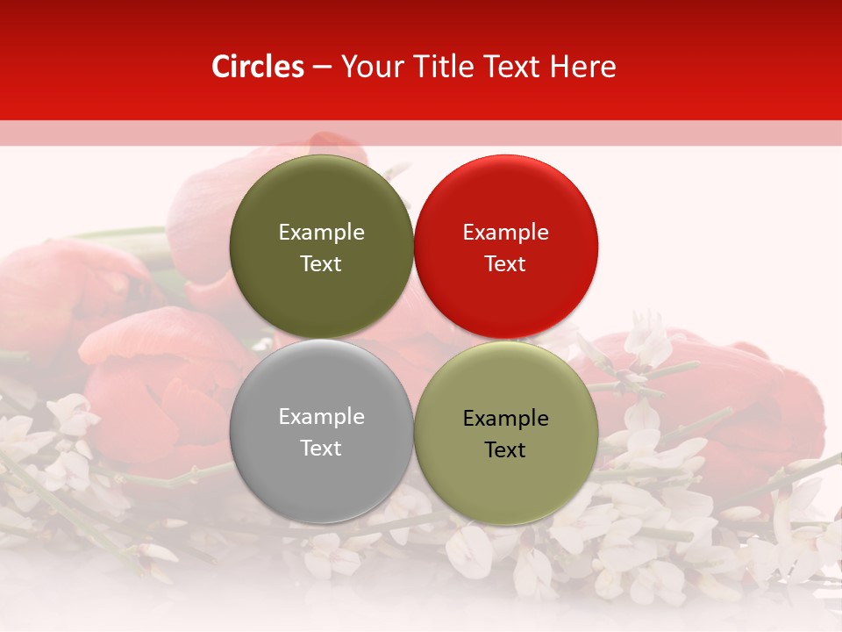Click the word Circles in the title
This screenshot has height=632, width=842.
point(258,67)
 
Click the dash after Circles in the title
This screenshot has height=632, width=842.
point(322,68)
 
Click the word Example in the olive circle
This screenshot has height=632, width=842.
point(321,232)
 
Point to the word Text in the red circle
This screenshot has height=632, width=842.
point(505,264)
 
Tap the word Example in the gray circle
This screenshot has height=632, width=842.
point(321,416)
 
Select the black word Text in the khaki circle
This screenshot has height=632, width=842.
point(505,450)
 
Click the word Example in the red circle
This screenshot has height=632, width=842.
point(505,232)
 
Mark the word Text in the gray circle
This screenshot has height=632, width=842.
point(321,449)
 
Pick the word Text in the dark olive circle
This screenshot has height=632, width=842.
point(321,264)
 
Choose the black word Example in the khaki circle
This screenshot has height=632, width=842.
point(505,418)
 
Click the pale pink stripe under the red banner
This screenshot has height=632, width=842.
point(421,133)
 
